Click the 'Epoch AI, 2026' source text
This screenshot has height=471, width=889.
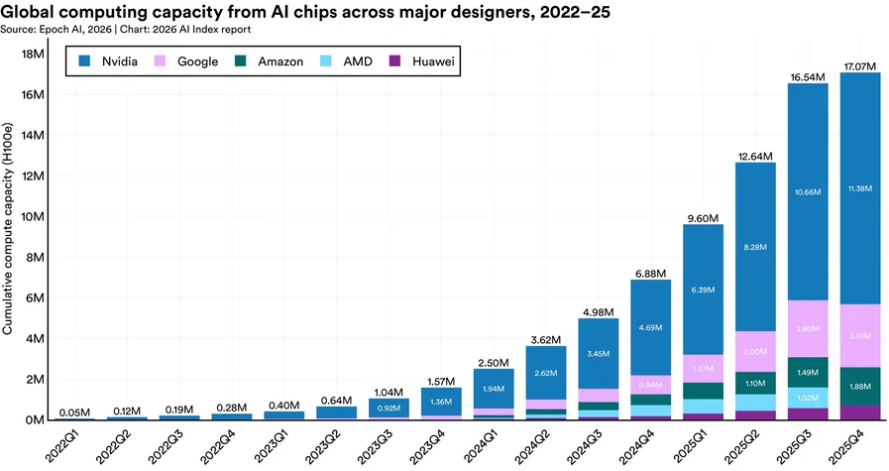pos(76,29)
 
